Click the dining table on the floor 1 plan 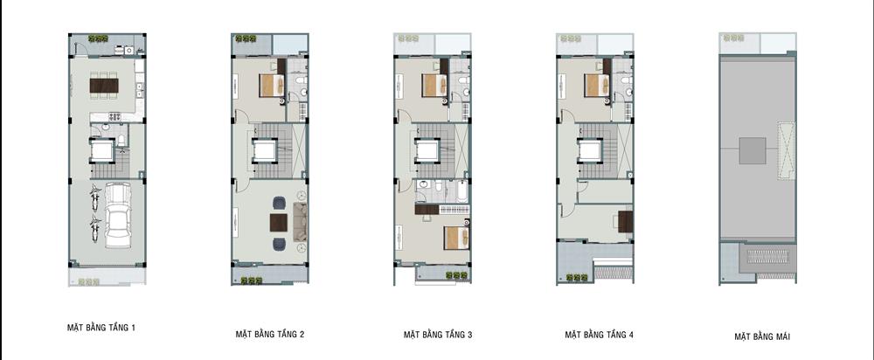point(104,86)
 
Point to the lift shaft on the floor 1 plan point(102,151)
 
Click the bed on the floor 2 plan point(273,86)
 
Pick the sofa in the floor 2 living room point(300,222)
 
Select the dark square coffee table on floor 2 point(279,223)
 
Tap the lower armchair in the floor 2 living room point(279,244)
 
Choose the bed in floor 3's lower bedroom point(456,238)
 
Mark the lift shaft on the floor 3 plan point(427,151)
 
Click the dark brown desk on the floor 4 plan point(626,221)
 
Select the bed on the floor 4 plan point(598,86)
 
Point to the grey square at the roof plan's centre point(753,150)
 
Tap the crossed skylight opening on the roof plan point(786,150)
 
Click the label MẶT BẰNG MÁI point(762,336)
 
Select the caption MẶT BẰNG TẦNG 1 point(101,328)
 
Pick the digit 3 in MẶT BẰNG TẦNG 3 point(470,335)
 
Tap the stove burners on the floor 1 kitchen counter point(114,117)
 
